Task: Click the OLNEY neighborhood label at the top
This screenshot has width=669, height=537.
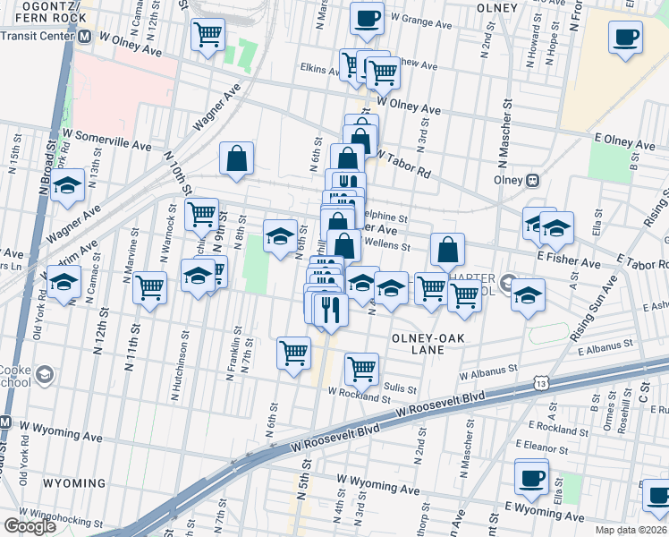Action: pyautogui.click(x=498, y=7)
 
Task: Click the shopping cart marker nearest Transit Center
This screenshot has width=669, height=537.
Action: pyautogui.click(x=207, y=35)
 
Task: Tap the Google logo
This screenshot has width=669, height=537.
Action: pyautogui.click(x=30, y=526)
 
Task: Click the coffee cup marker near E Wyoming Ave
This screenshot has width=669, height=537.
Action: pyautogui.click(x=532, y=475)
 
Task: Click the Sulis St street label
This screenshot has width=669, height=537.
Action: pyautogui.click(x=400, y=389)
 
